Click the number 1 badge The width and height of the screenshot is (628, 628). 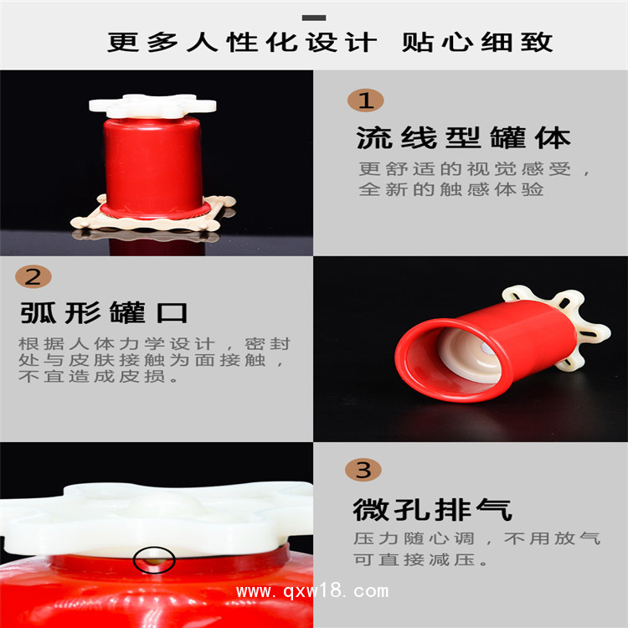pyautogui.click(x=365, y=100)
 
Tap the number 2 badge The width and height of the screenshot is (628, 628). pyautogui.click(x=33, y=276)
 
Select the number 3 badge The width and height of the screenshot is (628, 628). pyautogui.click(x=363, y=470)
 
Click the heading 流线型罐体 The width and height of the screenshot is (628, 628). pyautogui.click(x=463, y=138)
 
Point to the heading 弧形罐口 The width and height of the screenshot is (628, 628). pyautogui.click(x=104, y=312)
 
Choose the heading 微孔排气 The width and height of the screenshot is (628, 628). pyautogui.click(x=433, y=509)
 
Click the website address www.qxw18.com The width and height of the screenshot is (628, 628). pyautogui.click(x=312, y=591)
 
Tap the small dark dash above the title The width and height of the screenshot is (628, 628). pyautogui.click(x=314, y=18)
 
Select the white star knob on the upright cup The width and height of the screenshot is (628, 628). pyautogui.click(x=152, y=106)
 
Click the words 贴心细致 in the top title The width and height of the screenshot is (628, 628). pyautogui.click(x=477, y=42)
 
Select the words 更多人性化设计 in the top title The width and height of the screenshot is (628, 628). pyautogui.click(x=242, y=42)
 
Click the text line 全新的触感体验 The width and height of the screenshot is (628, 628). pyautogui.click(x=451, y=189)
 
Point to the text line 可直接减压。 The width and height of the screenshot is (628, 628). pyautogui.click(x=421, y=559)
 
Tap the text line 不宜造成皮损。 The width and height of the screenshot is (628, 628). pyautogui.click(x=99, y=376)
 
